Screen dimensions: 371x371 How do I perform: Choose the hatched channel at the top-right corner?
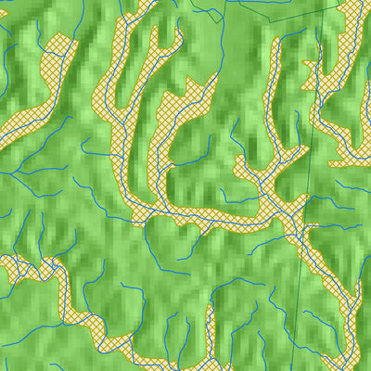tap(357, 14)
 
